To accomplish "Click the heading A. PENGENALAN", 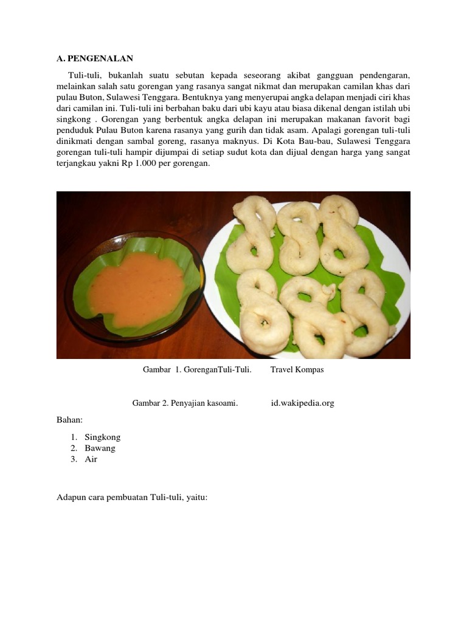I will (x=94, y=59).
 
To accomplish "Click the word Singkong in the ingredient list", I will (x=103, y=437).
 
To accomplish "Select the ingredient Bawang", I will (x=100, y=448).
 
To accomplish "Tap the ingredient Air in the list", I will (x=91, y=460).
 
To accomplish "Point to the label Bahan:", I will (x=69, y=420).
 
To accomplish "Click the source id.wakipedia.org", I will (x=302, y=403).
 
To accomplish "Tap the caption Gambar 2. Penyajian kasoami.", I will (x=185, y=403).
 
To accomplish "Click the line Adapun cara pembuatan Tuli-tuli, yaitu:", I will (x=132, y=497).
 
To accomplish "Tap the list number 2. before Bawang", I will (x=74, y=448).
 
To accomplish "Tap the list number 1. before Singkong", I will (x=74, y=437).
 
